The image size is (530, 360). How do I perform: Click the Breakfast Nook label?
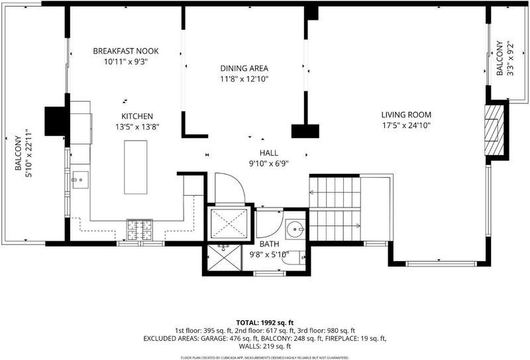tap(126, 51)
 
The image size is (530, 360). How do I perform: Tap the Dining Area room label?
tap(244, 68)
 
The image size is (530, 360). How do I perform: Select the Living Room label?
tap(406, 115)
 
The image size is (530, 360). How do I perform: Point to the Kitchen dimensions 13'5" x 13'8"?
tap(137, 127)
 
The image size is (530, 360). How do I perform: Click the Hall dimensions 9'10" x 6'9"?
tap(269, 164)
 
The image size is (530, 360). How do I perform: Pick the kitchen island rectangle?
tap(136, 167)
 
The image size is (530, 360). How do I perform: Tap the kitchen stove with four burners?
tap(140, 230)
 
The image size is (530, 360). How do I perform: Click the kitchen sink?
tap(80, 180)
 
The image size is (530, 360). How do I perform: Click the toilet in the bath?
tap(293, 259)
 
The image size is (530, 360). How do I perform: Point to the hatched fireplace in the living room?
tap(494, 130)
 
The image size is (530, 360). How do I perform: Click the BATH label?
tap(270, 244)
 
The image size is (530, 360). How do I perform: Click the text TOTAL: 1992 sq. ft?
tap(265, 323)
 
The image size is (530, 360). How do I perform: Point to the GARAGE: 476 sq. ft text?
tap(230, 338)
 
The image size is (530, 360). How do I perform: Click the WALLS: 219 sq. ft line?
tap(265, 347)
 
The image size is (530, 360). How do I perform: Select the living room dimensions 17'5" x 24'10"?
tap(406, 125)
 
